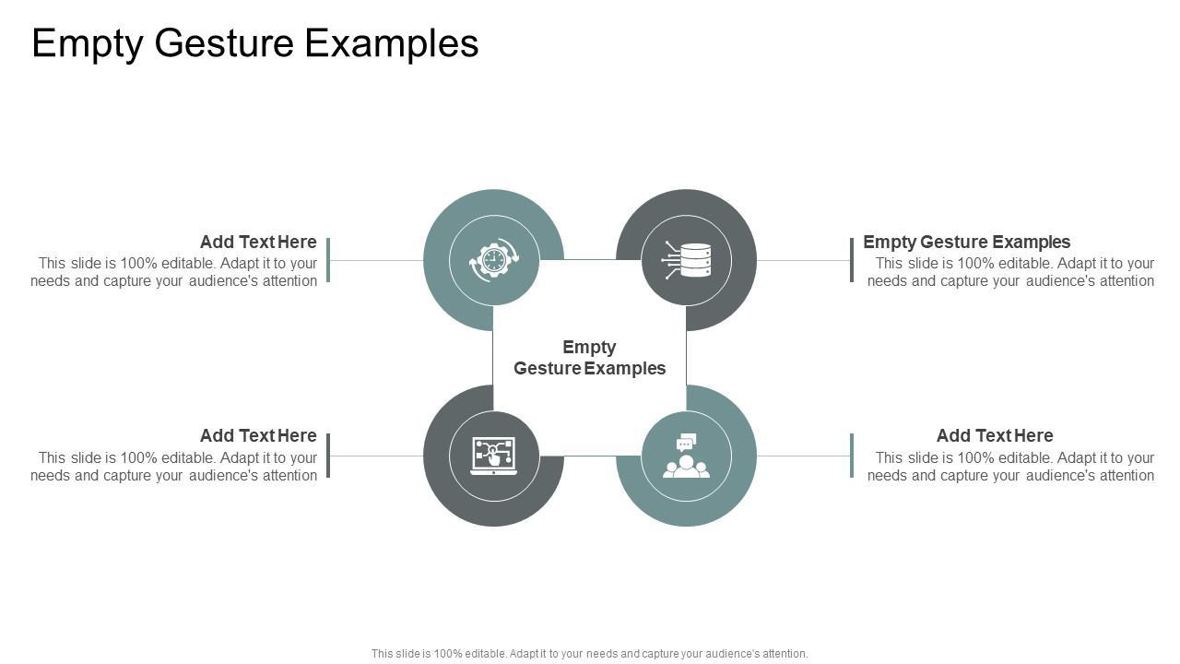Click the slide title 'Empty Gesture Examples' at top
pyautogui.click(x=255, y=43)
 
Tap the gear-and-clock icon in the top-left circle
pyautogui.click(x=494, y=260)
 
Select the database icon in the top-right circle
pyautogui.click(x=687, y=260)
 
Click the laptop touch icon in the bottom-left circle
pyautogui.click(x=494, y=456)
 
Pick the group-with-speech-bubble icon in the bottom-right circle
pyautogui.click(x=687, y=456)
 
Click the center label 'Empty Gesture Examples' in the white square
pyautogui.click(x=590, y=358)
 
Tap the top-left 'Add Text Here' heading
pyautogui.click(x=258, y=242)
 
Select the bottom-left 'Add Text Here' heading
pyautogui.click(x=258, y=435)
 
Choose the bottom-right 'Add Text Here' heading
pyautogui.click(x=995, y=435)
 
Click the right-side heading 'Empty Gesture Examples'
pyautogui.click(x=966, y=242)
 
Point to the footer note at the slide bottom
pyautogui.click(x=590, y=654)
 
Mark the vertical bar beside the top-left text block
pyautogui.click(x=328, y=260)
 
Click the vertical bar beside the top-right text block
pyautogui.click(x=852, y=260)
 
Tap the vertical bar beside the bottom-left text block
pyautogui.click(x=328, y=456)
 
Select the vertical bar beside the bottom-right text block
pyautogui.click(x=852, y=456)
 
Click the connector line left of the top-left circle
pyautogui.click(x=376, y=260)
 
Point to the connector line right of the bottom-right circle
pyautogui.click(x=803, y=456)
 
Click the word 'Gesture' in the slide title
pyautogui.click(x=226, y=43)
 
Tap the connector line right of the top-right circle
pyautogui.click(x=803, y=260)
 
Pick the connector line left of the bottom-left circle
pyautogui.click(x=376, y=456)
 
